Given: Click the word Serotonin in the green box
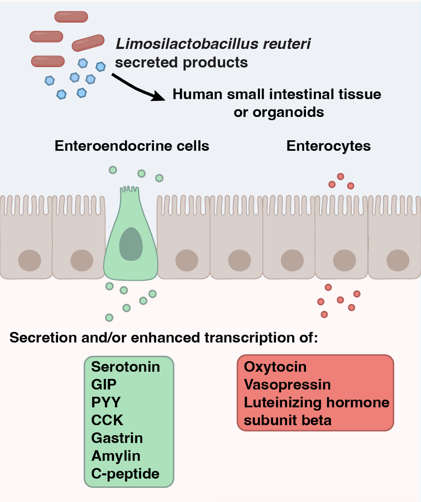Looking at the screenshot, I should coord(125,367).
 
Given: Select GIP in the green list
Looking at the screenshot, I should coord(104,385).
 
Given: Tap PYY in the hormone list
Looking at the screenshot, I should coord(106,402).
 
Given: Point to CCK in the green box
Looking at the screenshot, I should coord(107,420).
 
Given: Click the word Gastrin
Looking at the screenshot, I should coord(117,438).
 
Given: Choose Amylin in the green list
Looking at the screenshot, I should coord(116,456).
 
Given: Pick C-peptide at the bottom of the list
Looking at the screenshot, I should coord(125,474).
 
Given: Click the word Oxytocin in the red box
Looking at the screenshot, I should coord(275,367).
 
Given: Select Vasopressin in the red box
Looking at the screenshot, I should coord(287,385).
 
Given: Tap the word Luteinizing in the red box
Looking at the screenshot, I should coord(283,403).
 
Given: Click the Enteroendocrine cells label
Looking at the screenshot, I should coord(132,146).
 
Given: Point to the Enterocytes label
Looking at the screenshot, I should coord(328,146).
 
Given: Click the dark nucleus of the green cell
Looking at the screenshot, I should coord(131,244).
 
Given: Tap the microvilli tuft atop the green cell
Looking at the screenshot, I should coord(130,189).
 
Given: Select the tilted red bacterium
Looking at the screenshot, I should coord(88,43).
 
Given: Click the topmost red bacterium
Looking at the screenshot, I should coord(71,17).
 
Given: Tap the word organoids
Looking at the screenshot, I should coord(288,112).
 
